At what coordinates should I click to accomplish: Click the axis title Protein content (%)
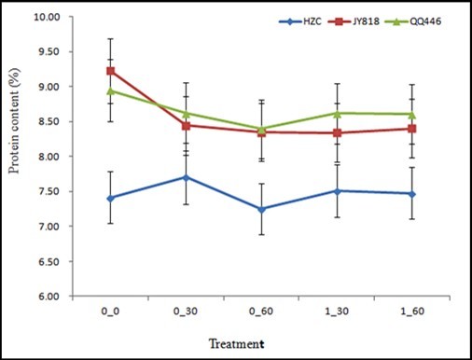pyautogui.click(x=14, y=157)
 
